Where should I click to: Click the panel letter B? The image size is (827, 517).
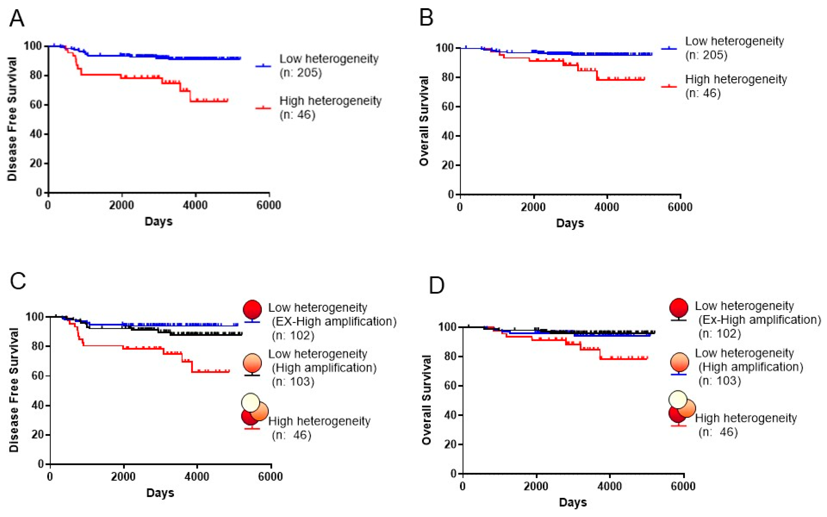pos(426,18)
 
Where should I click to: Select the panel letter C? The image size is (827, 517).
pos(18,281)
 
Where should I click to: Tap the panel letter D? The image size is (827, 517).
pos(437,286)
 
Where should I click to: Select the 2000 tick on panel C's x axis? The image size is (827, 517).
pos(123,476)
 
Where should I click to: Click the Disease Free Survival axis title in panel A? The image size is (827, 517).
pos(12,119)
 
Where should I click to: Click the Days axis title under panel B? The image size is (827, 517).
pos(570,223)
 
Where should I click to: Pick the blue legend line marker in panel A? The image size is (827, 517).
pos(263,66)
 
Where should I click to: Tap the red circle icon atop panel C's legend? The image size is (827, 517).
pos(252,310)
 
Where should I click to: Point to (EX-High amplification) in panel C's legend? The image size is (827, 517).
pos(334,321)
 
